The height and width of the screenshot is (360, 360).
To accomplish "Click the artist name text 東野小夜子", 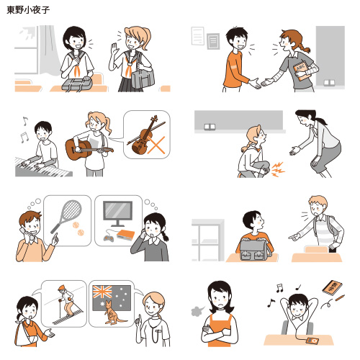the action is [x=28, y=10].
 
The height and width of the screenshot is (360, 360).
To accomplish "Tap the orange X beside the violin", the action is [x=156, y=145].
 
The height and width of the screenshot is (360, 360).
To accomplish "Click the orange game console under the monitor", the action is [x=125, y=235].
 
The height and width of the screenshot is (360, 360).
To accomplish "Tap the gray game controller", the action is [x=108, y=238].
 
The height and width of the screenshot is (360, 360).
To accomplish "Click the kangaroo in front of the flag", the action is [x=114, y=312].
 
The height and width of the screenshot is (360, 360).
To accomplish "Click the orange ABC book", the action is [x=301, y=71].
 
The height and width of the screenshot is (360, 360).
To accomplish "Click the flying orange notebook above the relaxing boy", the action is [x=332, y=287].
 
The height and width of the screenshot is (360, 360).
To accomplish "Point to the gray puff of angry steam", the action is [x=197, y=311].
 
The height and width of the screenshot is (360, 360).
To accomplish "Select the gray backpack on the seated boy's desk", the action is [x=256, y=250].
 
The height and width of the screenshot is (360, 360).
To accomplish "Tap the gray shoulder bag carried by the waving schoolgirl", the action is [x=143, y=78].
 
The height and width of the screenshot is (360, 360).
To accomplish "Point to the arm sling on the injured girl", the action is [x=25, y=335].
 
